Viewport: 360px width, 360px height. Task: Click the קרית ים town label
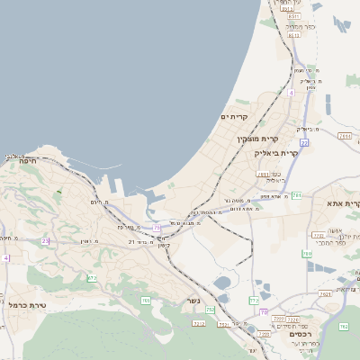233,117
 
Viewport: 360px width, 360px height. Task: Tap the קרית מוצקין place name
254,139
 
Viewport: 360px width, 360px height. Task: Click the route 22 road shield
304,143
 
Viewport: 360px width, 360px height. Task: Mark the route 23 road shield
46,240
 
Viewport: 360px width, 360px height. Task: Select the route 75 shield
157,228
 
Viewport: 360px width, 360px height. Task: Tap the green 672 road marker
92,278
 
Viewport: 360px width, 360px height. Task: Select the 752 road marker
210,310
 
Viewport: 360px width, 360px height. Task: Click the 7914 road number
346,136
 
